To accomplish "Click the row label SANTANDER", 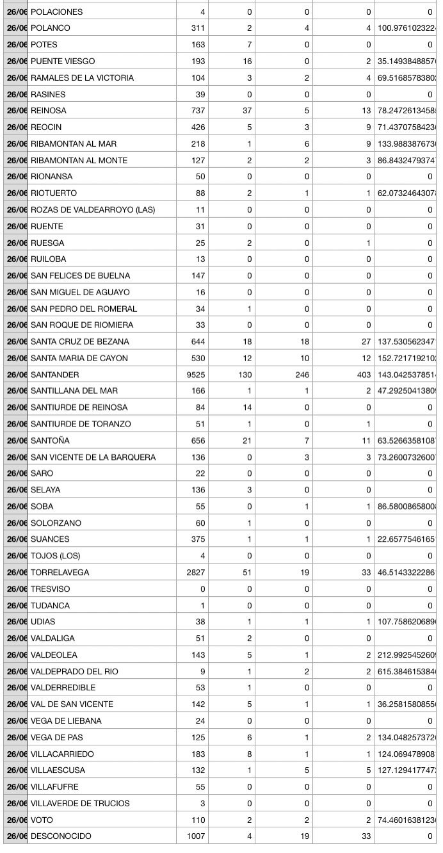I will pos(55,375).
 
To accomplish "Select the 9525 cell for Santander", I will pos(194,375).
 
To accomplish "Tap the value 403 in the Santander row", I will pos(362,375).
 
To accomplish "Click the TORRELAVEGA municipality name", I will pos(60,573).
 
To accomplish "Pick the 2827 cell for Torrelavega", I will pos(194,573).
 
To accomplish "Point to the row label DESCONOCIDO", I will pos(61,836).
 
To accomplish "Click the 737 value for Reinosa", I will pos(197,111).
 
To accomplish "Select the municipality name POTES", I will pos(44,45).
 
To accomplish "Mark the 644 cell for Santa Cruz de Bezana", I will pos(197,341).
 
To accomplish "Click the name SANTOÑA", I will pos(50,441).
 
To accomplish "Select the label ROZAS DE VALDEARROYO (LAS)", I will pos(93,209).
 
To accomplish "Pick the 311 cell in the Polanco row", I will pos(197,28).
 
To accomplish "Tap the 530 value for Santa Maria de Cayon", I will pos(197,358).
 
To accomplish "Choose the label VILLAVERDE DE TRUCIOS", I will pos(80,803).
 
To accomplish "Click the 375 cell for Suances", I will pos(197,539).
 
